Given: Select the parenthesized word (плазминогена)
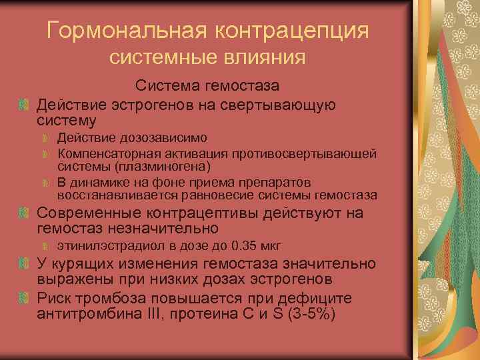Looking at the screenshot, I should point(163,166).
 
